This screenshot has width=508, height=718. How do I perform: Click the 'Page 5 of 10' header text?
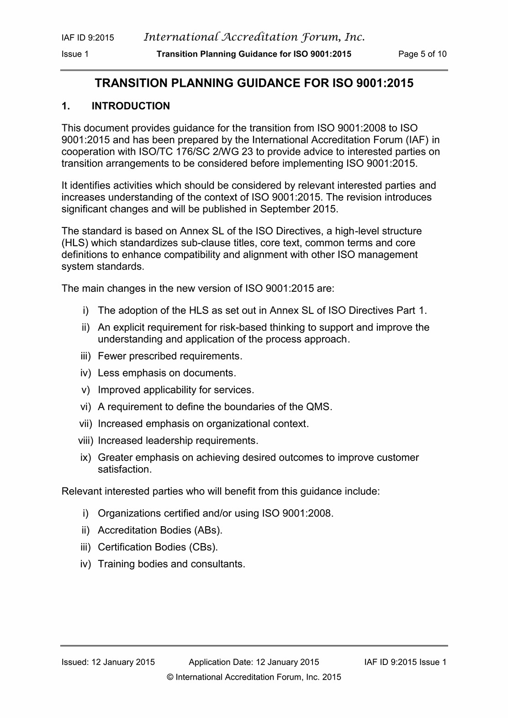pos(422,54)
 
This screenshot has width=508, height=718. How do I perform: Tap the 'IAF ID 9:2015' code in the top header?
pos(88,38)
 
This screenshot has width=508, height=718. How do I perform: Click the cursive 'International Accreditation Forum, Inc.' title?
pos(254,37)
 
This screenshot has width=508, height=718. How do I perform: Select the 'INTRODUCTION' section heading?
pos(131,106)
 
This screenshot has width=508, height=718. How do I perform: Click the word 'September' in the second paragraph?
pos(284,209)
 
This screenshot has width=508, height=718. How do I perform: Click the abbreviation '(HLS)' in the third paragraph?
pos(74,243)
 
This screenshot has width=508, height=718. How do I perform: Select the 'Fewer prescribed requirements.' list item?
pos(170,356)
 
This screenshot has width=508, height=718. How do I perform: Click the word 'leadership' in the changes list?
pos(169,441)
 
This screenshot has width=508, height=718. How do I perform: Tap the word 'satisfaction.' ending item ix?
pos(125,470)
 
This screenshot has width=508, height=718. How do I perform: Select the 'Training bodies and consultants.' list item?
pos(171,564)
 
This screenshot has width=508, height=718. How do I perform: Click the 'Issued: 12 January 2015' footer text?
pos(108,662)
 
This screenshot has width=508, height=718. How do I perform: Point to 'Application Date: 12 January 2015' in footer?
pos(254,662)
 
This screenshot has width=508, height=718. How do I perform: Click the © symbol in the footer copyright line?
pos(171,677)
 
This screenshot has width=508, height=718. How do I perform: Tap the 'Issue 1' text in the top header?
pos(75,54)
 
